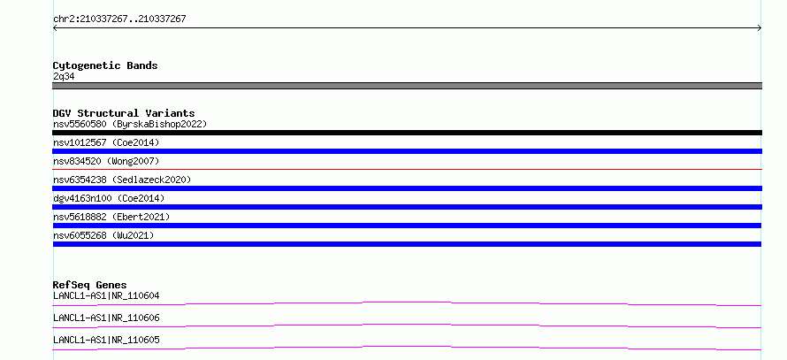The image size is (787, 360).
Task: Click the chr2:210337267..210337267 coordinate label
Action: [x=119, y=19]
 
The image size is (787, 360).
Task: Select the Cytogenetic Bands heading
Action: [x=105, y=65]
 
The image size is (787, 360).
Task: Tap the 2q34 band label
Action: [x=64, y=76]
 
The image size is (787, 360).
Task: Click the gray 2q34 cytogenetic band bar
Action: [x=407, y=86]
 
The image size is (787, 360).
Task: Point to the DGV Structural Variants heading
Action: [x=124, y=113]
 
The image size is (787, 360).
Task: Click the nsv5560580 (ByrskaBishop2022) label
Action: [x=130, y=124]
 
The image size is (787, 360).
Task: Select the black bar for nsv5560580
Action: [x=407, y=133]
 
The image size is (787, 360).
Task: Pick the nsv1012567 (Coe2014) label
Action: [x=106, y=142]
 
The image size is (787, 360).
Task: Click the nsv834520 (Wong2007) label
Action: [x=106, y=161]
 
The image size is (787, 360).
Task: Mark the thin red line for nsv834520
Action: [x=407, y=170]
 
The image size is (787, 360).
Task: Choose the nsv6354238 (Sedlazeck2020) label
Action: [x=122, y=180]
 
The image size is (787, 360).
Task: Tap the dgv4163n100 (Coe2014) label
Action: [x=109, y=198]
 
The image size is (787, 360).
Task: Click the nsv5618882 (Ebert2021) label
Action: [x=111, y=217]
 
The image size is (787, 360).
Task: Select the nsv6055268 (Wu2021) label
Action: [x=103, y=235]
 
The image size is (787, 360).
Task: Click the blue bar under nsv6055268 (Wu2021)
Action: [x=407, y=244]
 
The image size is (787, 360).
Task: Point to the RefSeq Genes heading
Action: [x=90, y=285]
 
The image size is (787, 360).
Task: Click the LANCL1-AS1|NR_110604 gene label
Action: [x=106, y=295]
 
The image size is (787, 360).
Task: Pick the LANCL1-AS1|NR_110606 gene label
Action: [x=106, y=318]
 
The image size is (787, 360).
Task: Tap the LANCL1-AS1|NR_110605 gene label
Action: [x=106, y=340]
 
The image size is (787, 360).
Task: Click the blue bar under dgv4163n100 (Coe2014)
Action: [x=407, y=207]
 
